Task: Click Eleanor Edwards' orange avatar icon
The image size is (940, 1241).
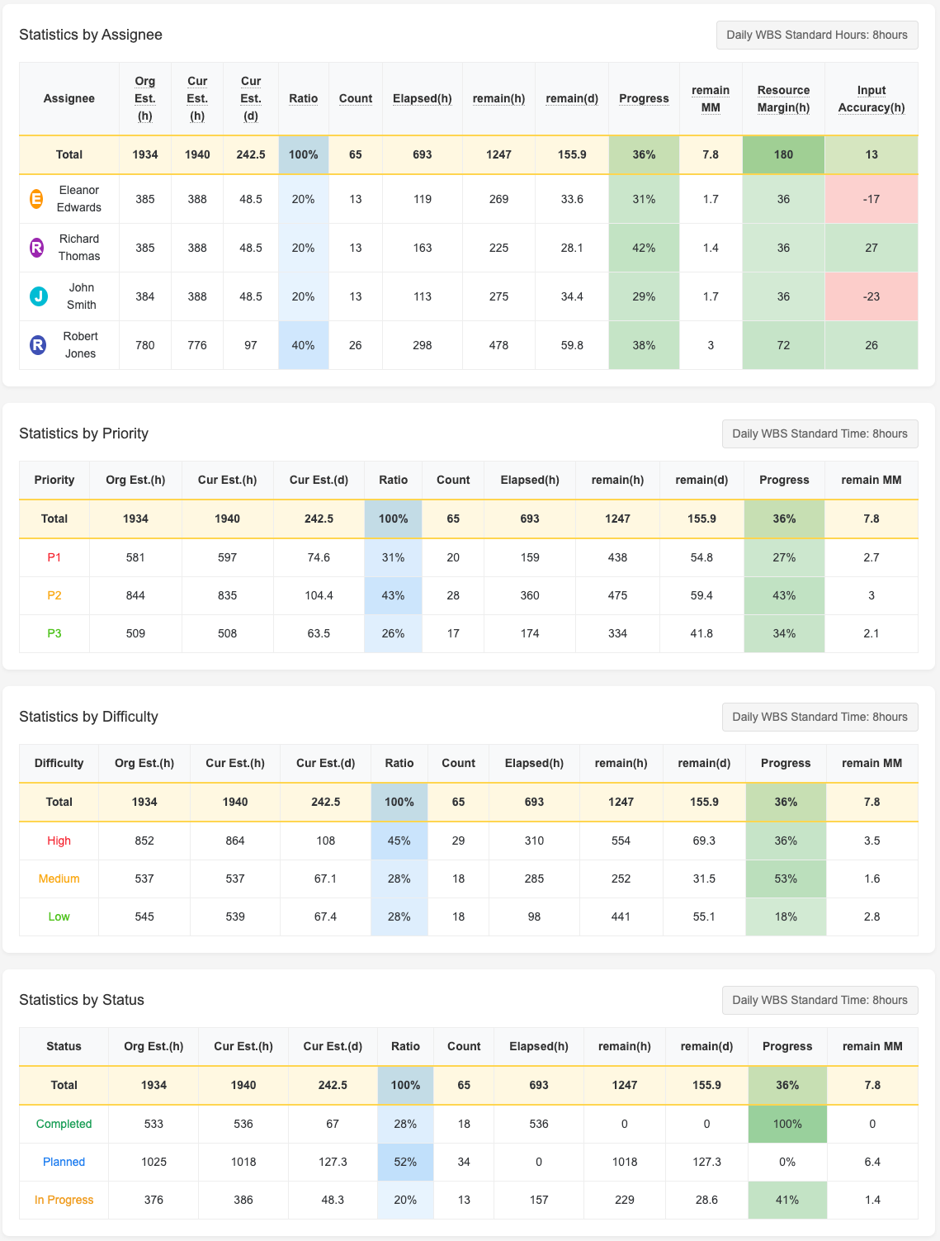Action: click(37, 199)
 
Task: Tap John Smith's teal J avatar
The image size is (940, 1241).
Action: click(38, 296)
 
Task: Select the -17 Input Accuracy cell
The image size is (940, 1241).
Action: click(871, 199)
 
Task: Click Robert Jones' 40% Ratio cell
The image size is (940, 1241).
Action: click(303, 345)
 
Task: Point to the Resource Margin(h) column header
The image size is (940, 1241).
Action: click(783, 98)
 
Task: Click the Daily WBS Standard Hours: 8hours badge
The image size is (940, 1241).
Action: click(816, 35)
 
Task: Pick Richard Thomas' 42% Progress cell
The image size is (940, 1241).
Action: click(644, 248)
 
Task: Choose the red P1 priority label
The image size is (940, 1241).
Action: click(54, 557)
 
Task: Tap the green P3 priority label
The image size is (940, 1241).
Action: click(54, 633)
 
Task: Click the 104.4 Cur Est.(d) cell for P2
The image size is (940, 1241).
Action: click(319, 595)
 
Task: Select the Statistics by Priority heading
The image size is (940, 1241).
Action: click(83, 433)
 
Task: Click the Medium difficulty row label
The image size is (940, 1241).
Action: click(59, 879)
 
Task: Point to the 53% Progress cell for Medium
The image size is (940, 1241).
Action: click(786, 879)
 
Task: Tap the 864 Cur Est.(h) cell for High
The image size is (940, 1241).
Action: click(235, 841)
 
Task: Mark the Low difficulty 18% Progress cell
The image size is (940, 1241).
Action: click(786, 917)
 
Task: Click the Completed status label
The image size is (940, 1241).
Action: click(64, 1124)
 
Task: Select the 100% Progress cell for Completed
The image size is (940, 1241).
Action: click(787, 1124)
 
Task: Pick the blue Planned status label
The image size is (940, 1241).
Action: click(64, 1162)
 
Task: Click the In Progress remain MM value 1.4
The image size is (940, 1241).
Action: click(872, 1200)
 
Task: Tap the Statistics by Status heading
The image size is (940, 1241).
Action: click(82, 1000)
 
